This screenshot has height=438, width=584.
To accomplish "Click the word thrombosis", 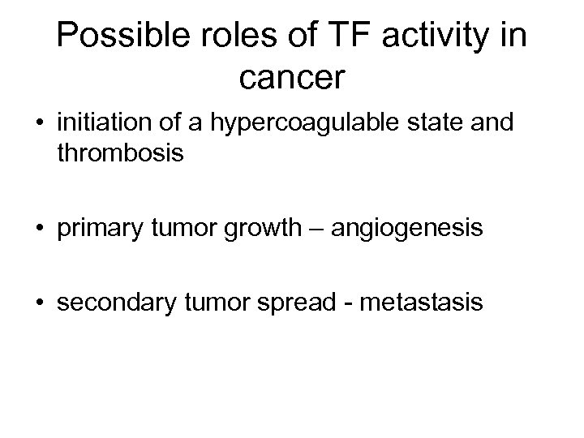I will click(121, 153).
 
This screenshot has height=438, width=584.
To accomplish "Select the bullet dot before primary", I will click(39, 230).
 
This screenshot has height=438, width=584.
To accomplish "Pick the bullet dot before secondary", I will click(39, 303).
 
